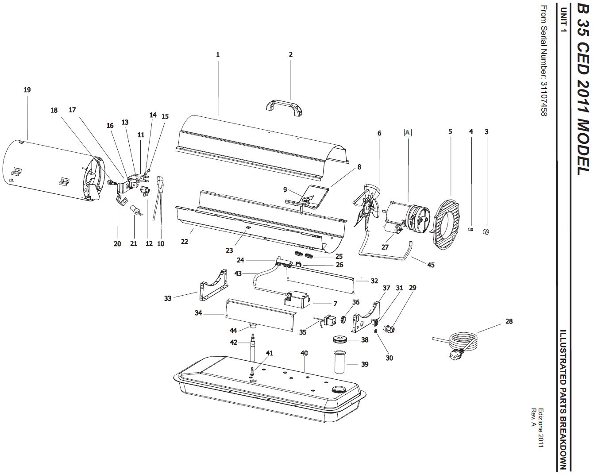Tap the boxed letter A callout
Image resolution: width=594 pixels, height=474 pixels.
coord(407,133)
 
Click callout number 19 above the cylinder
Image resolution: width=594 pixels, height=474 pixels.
coord(27,90)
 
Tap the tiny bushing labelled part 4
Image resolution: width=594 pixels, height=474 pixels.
coord(471,229)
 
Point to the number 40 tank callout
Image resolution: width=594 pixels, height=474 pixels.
coord(304,353)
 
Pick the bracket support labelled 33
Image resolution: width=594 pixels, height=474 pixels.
coord(213,286)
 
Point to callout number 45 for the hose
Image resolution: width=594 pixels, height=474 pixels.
coord(431,265)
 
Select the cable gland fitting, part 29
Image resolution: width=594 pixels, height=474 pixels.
coord(389,329)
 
